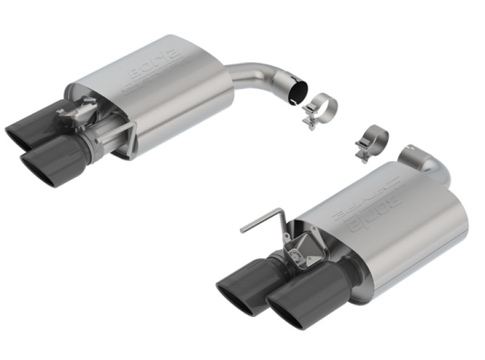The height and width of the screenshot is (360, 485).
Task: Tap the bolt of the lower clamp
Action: [363, 156]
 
